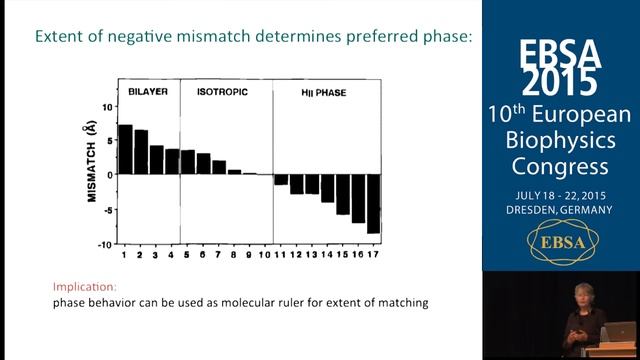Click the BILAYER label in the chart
pos(147,91)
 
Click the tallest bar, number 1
pos(125,149)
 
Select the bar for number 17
pos(373,203)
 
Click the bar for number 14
pos(327,188)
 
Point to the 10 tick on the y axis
pos(105,105)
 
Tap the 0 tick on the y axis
pos(108,174)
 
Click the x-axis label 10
pos(265,256)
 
